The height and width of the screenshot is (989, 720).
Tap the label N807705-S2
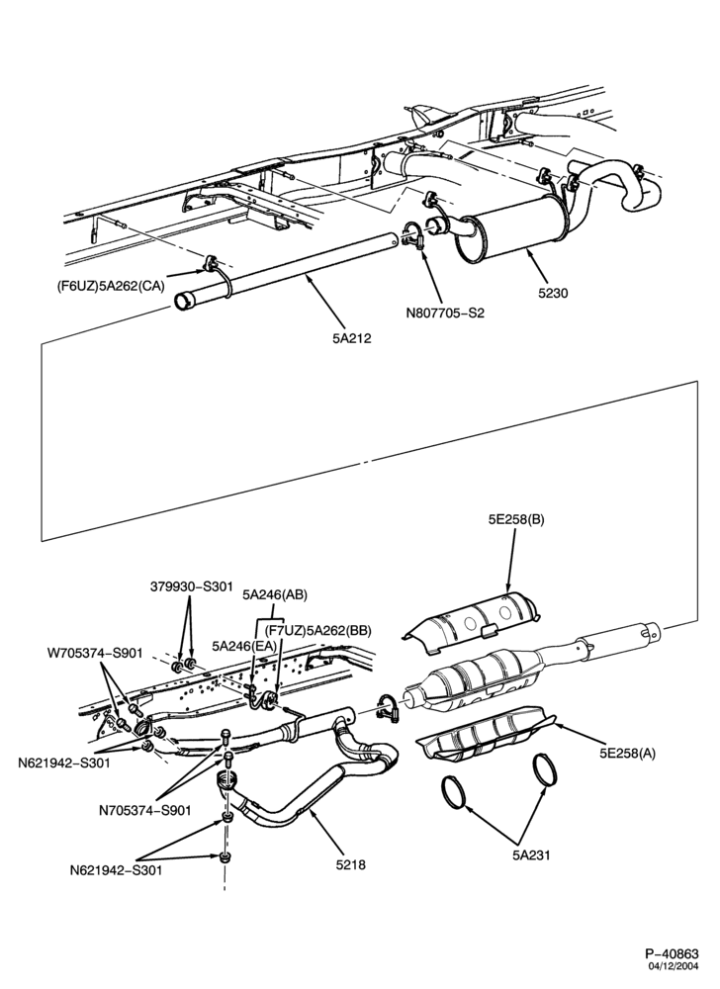(446, 313)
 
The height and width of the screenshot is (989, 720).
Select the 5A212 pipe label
(352, 338)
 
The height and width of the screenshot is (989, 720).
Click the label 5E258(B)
(515, 520)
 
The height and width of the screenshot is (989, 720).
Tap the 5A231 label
(530, 855)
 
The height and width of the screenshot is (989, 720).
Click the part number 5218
(351, 864)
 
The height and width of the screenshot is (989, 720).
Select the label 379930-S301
(192, 586)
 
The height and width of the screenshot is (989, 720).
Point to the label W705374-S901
(95, 652)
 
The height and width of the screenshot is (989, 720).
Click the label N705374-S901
(144, 810)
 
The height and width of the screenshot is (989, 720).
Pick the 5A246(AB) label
(275, 594)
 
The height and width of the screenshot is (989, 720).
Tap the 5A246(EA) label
(244, 646)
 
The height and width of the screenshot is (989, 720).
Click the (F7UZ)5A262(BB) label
(317, 630)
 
